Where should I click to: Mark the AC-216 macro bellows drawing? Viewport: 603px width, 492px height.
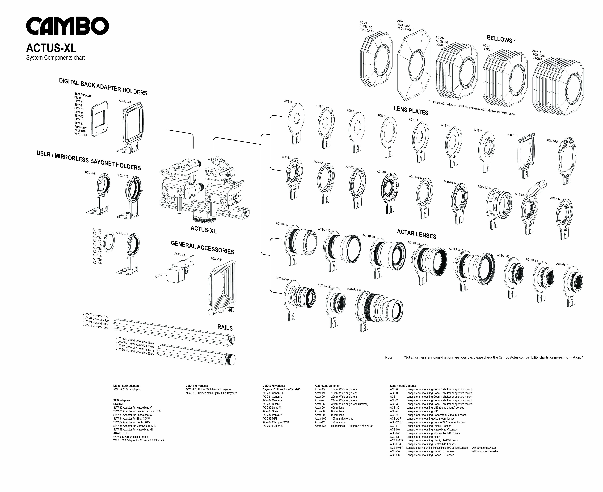point(558,86)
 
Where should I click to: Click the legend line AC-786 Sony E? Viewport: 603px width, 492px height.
point(271,411)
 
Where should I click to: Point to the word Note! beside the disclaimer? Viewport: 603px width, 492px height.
point(389,357)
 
